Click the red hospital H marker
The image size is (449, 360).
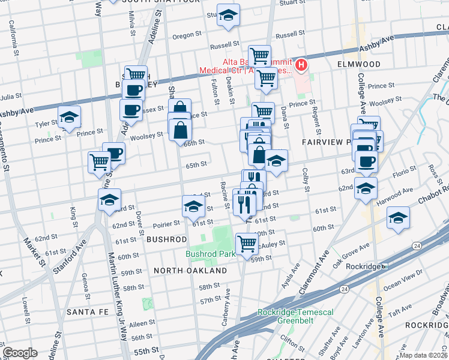pos(301,65)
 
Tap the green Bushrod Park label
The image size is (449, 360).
pos(210,254)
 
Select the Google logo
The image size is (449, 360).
pos(20,353)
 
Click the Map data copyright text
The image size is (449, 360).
pos(424,355)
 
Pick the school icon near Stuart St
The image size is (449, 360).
pos(228,16)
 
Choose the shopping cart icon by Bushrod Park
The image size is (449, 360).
pos(247,244)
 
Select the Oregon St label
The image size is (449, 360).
pos(183,36)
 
